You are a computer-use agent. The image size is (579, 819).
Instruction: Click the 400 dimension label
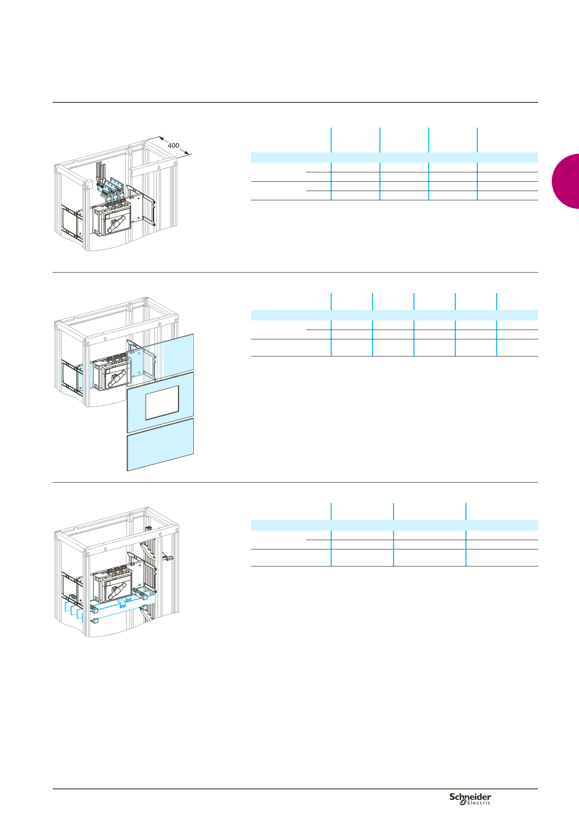[173, 146]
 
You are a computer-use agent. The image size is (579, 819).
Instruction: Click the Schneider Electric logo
[470, 799]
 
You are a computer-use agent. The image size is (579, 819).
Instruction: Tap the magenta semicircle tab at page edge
[566, 181]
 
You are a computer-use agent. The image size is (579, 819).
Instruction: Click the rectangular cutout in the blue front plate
[162, 403]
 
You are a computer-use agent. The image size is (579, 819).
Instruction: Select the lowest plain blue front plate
[160, 444]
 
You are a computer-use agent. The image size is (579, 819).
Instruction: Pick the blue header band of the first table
[395, 158]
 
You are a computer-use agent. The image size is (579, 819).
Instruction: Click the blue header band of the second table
[395, 315]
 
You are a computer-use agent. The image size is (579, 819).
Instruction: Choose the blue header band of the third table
[395, 525]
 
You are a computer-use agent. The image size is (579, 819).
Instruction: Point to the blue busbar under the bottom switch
[122, 605]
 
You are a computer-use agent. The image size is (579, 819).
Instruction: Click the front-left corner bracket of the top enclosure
[87, 185]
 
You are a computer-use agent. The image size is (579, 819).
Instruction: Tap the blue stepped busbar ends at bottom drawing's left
[74, 610]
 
